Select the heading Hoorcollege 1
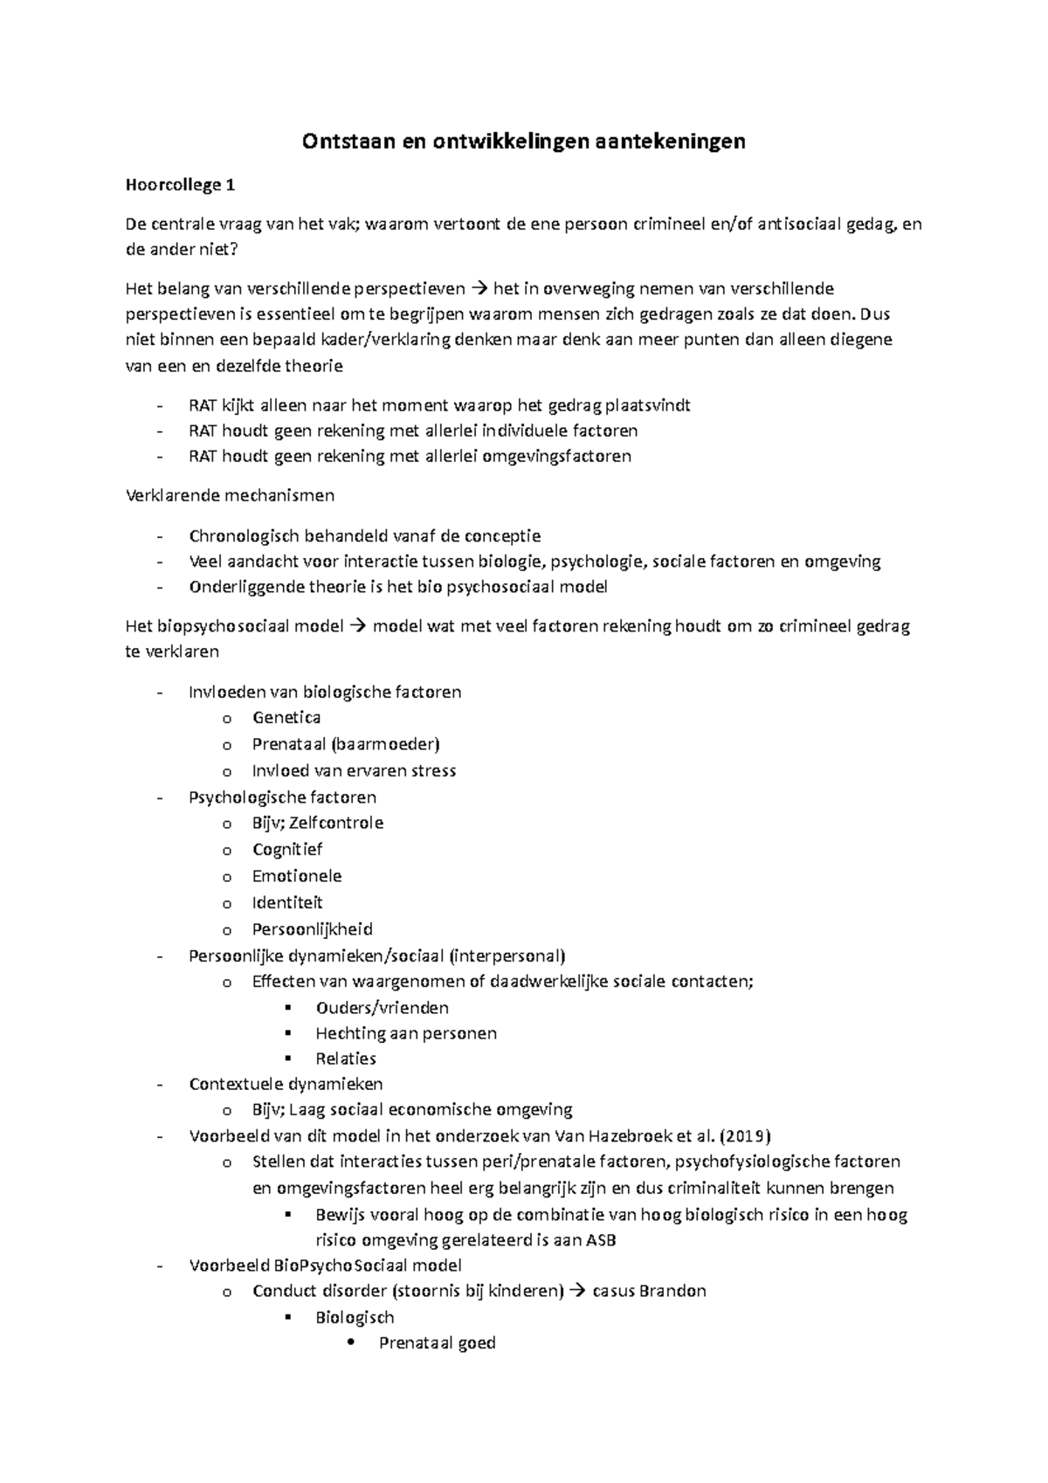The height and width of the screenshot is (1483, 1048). [181, 185]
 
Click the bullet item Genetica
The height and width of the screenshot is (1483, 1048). [286, 718]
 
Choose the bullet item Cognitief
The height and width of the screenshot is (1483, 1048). [287, 850]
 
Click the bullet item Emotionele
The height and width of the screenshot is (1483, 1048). [297, 876]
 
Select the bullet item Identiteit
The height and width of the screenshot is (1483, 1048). [287, 902]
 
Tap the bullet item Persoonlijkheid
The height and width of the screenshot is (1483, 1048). [312, 929]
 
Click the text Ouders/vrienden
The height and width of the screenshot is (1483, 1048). [382, 1008]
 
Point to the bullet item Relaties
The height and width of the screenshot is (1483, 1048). [346, 1059]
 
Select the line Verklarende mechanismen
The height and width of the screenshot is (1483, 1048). [230, 495]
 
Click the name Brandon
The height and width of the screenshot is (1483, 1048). [672, 1291]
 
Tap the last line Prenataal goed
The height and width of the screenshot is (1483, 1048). [437, 1343]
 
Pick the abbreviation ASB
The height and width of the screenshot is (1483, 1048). [601, 1240]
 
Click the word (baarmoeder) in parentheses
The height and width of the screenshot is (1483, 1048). [398, 744]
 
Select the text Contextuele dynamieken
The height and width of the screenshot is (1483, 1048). [286, 1084]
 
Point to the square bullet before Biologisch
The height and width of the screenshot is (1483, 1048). [287, 1317]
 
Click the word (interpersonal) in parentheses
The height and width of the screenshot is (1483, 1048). [509, 955]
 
